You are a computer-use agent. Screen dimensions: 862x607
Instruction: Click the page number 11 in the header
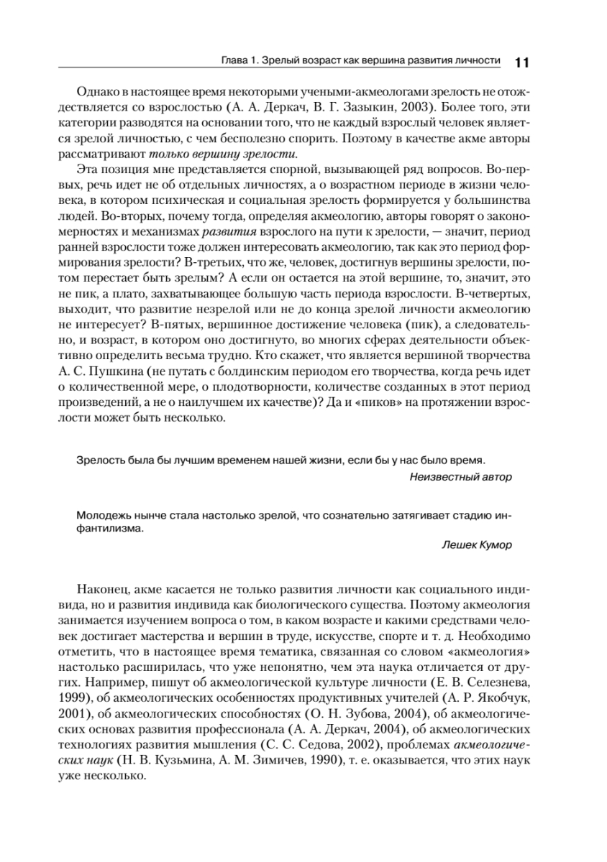pyautogui.click(x=521, y=62)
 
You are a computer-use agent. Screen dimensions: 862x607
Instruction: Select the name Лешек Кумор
pyautogui.click(x=477, y=544)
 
